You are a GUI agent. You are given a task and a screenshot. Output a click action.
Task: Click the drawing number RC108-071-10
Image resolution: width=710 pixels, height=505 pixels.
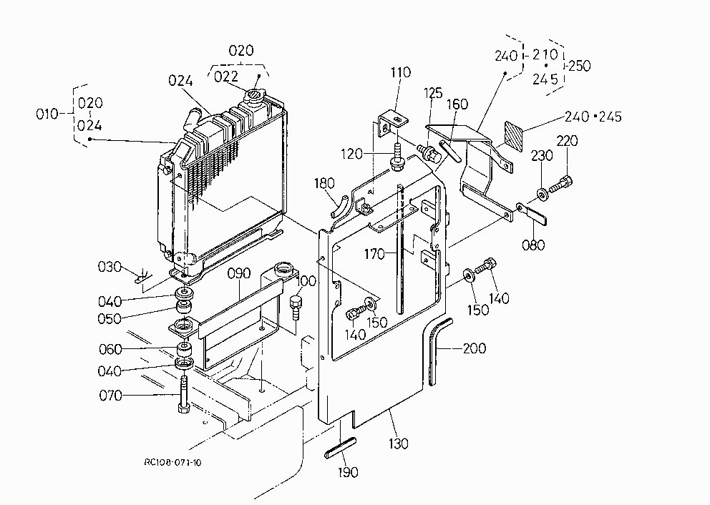[173, 463]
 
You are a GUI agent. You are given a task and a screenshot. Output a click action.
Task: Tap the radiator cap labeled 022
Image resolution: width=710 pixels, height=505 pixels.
[255, 97]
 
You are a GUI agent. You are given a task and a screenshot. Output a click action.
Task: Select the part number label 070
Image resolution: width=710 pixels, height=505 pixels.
[110, 396]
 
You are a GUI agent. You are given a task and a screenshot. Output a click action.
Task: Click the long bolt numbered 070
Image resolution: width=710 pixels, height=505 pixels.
[183, 394]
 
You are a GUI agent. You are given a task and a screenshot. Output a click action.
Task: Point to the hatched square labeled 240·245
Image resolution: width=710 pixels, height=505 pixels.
[513, 135]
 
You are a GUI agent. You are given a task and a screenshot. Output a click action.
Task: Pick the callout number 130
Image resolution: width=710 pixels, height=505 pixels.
[399, 443]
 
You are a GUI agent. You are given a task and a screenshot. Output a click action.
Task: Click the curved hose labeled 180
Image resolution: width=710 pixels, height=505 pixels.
[339, 207]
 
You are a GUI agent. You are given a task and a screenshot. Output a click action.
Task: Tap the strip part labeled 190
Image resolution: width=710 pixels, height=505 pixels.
[340, 448]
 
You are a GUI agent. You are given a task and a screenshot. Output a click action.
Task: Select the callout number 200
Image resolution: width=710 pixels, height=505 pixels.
[475, 348]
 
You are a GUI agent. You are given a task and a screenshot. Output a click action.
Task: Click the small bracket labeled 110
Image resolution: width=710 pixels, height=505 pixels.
[393, 124]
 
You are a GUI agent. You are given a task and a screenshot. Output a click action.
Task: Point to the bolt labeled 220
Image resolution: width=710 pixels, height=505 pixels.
[561, 185]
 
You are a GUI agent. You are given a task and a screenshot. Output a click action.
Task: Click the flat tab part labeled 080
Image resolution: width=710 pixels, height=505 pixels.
[532, 214]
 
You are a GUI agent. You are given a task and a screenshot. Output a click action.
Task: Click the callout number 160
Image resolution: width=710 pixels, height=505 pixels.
[457, 104]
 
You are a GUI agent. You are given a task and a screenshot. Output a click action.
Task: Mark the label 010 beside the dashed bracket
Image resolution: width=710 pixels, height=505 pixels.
[47, 114]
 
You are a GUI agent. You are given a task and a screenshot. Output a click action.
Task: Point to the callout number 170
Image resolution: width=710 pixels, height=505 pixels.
[375, 254]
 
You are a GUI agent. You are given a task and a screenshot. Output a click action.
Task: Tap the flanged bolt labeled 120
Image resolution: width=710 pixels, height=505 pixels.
[397, 158]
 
